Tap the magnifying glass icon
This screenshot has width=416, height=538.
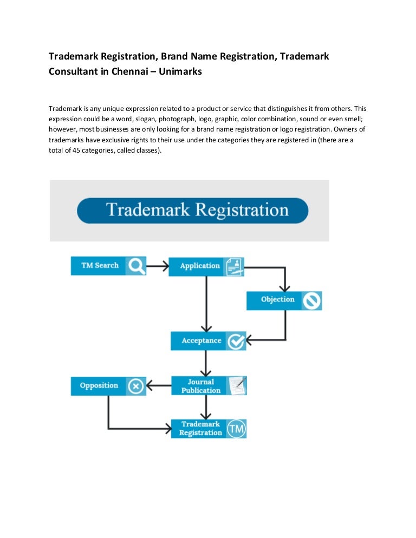click(136, 266)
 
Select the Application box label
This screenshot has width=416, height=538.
click(200, 266)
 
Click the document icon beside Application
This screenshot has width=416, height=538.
click(235, 266)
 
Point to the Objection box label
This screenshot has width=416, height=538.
click(277, 300)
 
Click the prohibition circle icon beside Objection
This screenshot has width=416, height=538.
click(312, 300)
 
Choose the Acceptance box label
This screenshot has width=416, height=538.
click(201, 341)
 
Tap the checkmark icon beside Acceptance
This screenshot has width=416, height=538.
click(236, 342)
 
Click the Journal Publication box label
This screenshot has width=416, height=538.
click(200, 386)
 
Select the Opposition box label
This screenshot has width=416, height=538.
click(99, 386)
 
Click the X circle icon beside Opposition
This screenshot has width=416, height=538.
click(136, 386)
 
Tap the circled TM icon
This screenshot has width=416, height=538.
click(236, 429)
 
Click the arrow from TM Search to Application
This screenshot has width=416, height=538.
click(157, 266)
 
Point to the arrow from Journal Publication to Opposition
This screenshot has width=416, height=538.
click(159, 386)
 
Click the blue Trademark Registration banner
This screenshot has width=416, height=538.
click(192, 211)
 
